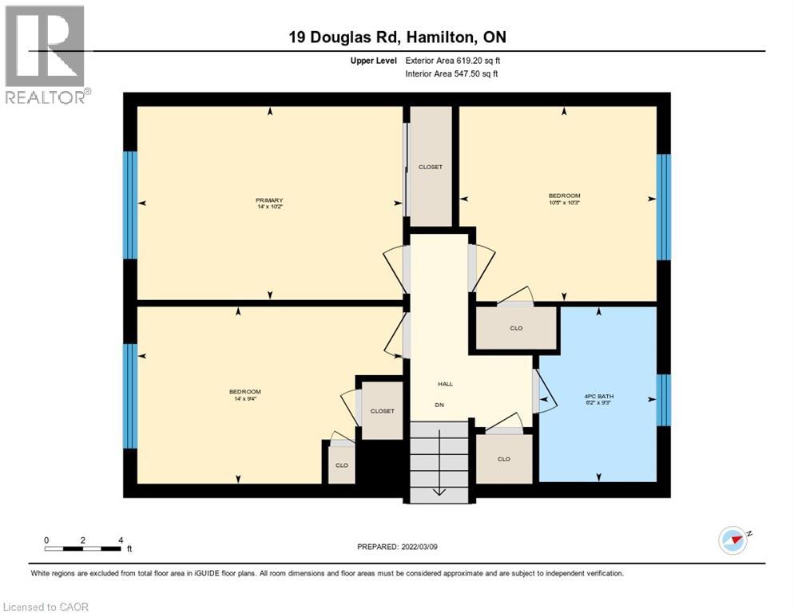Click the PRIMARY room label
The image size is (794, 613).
269,200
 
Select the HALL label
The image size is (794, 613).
445,384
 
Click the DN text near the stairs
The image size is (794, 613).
439,405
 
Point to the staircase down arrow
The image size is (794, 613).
439,488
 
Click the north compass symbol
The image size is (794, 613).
732,540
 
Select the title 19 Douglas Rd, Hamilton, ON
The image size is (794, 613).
396,38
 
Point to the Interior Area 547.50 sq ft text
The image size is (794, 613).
452,74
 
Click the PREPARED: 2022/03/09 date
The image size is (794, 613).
397,547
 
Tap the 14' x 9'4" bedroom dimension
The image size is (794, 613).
245,397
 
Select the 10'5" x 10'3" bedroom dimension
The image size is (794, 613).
564,202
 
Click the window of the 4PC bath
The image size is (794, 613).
663,400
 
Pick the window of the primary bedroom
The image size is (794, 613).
130,205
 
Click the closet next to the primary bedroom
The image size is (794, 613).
430,166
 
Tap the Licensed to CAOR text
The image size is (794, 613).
46,607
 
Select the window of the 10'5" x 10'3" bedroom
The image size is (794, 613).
663,207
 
